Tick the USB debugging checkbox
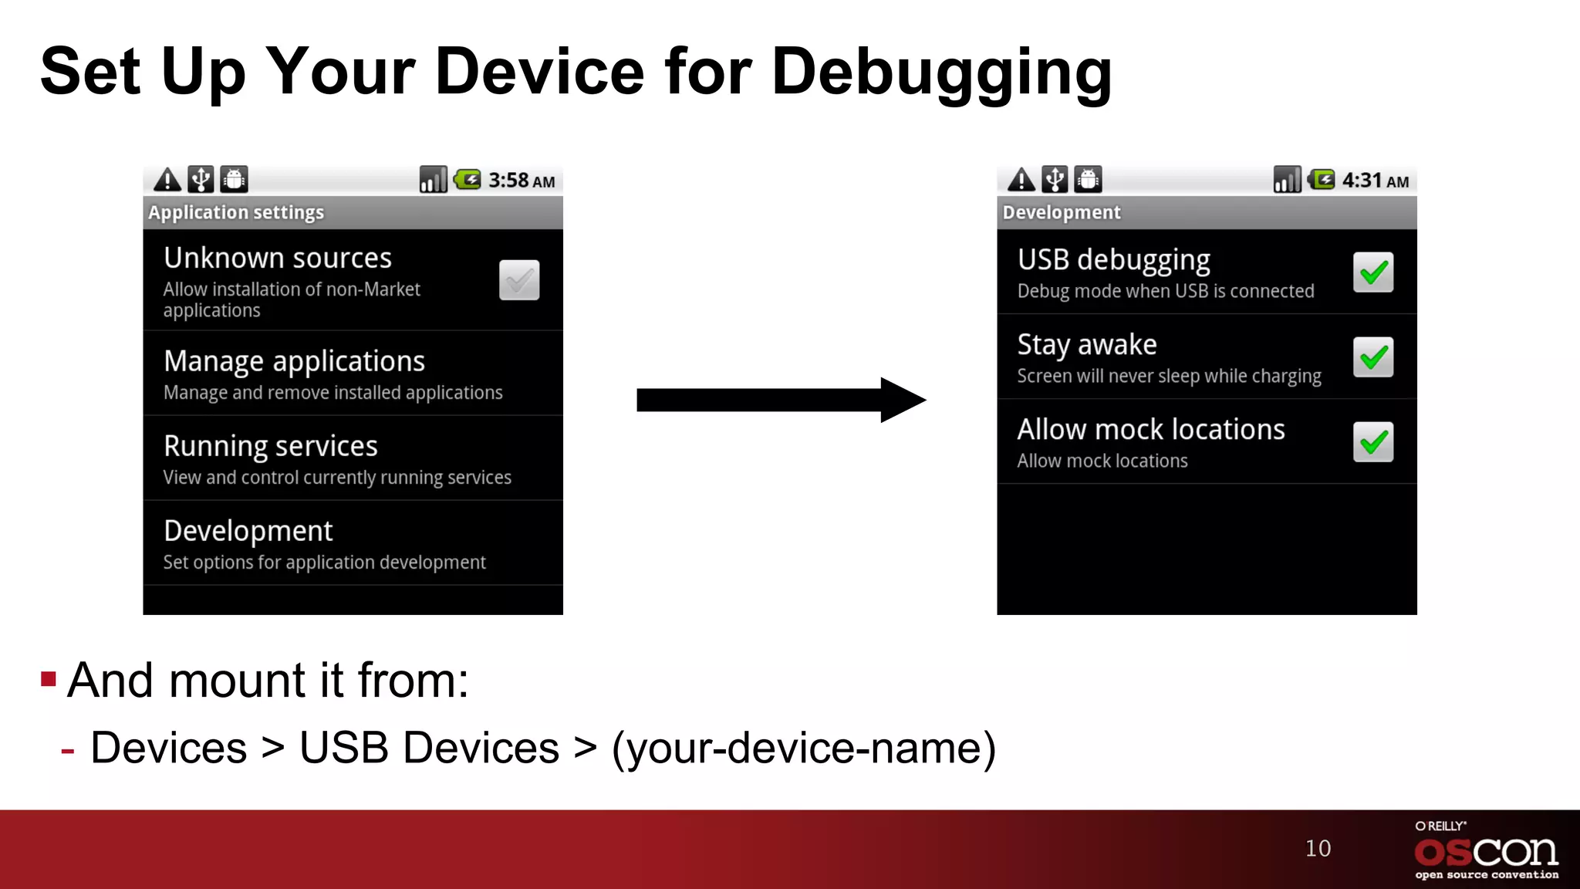pyautogui.click(x=1373, y=272)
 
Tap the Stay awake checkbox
pyautogui.click(x=1373, y=357)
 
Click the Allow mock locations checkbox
pyautogui.click(x=1373, y=442)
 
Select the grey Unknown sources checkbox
pyautogui.click(x=519, y=280)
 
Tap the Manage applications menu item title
pyautogui.click(x=294, y=361)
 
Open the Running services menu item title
pyautogui.click(x=271, y=446)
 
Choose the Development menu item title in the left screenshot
pyautogui.click(x=248, y=531)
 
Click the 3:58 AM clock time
pyautogui.click(x=522, y=181)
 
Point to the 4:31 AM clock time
pyautogui.click(x=1376, y=181)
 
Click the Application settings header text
pyautogui.click(x=236, y=212)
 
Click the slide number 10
pyautogui.click(x=1318, y=848)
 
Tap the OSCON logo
pyautogui.click(x=1486, y=851)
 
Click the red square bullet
pyautogui.click(x=49, y=679)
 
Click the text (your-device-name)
pyautogui.click(x=804, y=748)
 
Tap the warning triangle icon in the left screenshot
pyautogui.click(x=167, y=180)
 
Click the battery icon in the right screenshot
pyautogui.click(x=1322, y=180)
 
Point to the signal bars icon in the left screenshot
pyautogui.click(x=433, y=180)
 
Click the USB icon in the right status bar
pyautogui.click(x=1055, y=180)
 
